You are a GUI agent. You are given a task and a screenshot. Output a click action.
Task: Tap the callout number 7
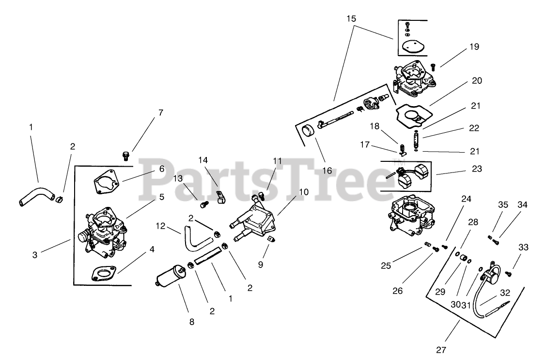tap(160, 113)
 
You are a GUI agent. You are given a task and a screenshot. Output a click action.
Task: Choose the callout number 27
tap(440, 349)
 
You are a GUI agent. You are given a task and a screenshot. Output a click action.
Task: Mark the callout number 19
tap(474, 47)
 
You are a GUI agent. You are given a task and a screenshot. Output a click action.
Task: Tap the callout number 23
tap(474, 169)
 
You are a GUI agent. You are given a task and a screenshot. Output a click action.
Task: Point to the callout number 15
tap(351, 19)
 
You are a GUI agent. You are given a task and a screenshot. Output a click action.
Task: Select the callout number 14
tap(202, 159)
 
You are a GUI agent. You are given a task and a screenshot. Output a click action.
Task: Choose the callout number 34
tap(522, 204)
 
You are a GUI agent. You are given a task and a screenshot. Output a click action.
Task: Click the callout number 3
tap(35, 254)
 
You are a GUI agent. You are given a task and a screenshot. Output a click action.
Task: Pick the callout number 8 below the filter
tap(191, 322)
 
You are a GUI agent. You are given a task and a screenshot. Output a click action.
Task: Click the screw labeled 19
tap(433, 65)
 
